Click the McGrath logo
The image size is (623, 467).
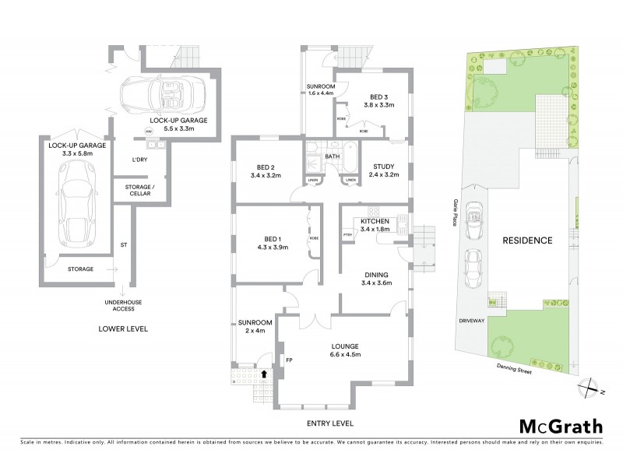(x=559, y=426)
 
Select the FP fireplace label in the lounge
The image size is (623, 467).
(x=288, y=360)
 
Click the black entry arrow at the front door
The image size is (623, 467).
(x=265, y=374)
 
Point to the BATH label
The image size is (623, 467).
(x=333, y=156)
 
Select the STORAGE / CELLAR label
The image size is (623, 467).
(x=139, y=190)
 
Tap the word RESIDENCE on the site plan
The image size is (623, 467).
(x=526, y=241)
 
